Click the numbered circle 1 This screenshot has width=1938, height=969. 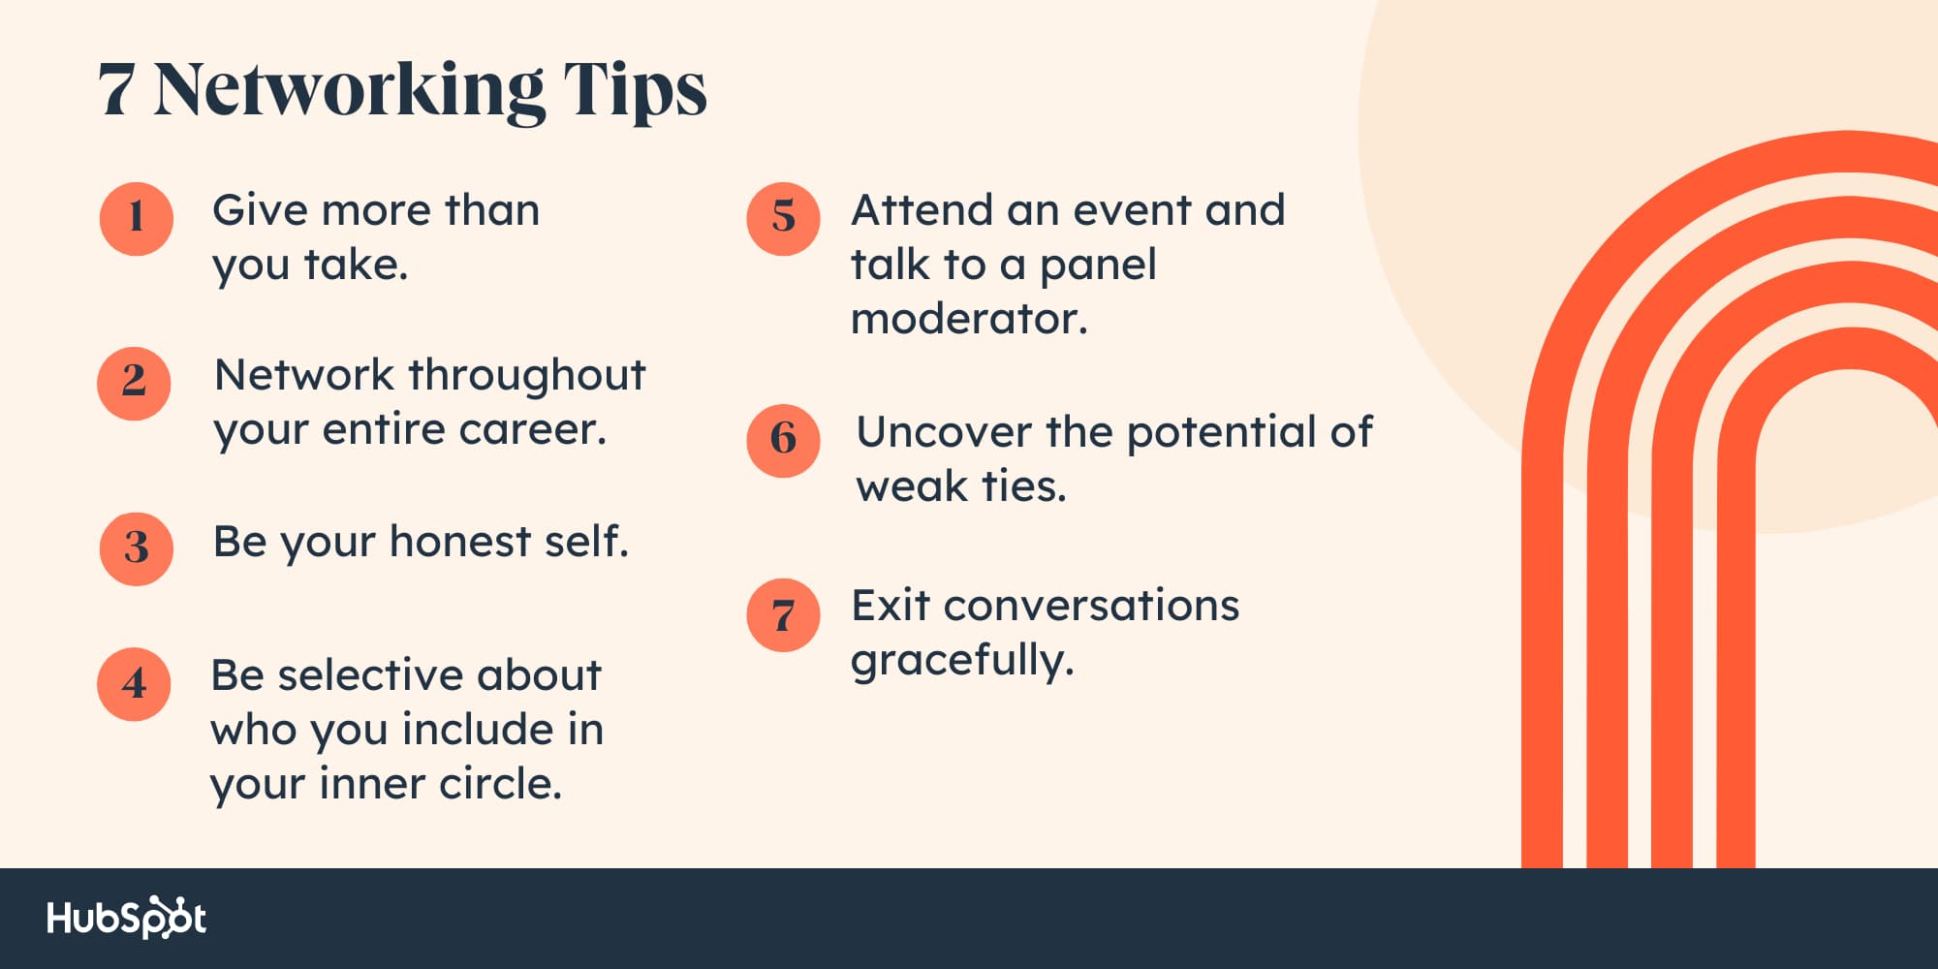(x=137, y=219)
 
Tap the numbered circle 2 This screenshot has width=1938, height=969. (x=134, y=384)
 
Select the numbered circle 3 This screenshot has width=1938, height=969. (x=137, y=549)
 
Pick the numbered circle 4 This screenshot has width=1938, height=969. (x=134, y=685)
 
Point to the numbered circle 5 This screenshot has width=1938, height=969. (x=783, y=219)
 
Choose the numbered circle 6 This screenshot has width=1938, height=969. (x=783, y=441)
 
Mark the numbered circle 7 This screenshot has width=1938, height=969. (x=783, y=615)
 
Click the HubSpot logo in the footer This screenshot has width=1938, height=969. (x=127, y=918)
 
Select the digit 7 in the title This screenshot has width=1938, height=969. (x=115, y=91)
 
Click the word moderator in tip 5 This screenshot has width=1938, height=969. (x=969, y=320)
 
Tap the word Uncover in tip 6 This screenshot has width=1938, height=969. (x=943, y=432)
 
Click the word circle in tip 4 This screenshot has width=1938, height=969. (x=501, y=784)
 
